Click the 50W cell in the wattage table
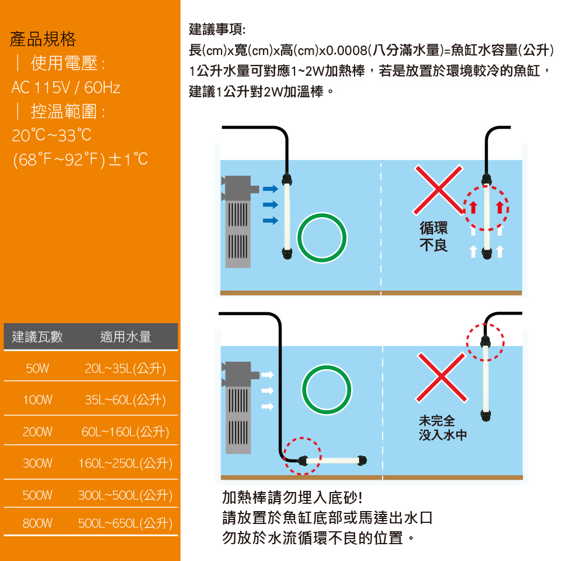pyautogui.click(x=38, y=368)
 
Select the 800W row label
pyautogui.click(x=38, y=523)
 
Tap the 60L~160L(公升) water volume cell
pyautogui.click(x=125, y=432)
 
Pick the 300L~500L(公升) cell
pyautogui.click(x=125, y=495)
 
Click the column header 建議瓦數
pyautogui.click(x=37, y=337)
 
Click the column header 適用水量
pyautogui.click(x=126, y=337)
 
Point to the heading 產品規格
pyautogui.click(x=43, y=39)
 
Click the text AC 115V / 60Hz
pyautogui.click(x=66, y=88)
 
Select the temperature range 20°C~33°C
pyautogui.click(x=52, y=135)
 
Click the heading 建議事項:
pyautogui.click(x=217, y=29)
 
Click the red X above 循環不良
pyautogui.click(x=438, y=190)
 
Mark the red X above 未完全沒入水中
pyautogui.click(x=442, y=377)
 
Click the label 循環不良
pyautogui.click(x=434, y=237)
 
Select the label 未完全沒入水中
pyautogui.click(x=443, y=428)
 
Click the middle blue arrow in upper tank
pyautogui.click(x=270, y=205)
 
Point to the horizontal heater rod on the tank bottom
pyautogui.click(x=333, y=460)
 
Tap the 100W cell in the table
pyautogui.click(x=38, y=399)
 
